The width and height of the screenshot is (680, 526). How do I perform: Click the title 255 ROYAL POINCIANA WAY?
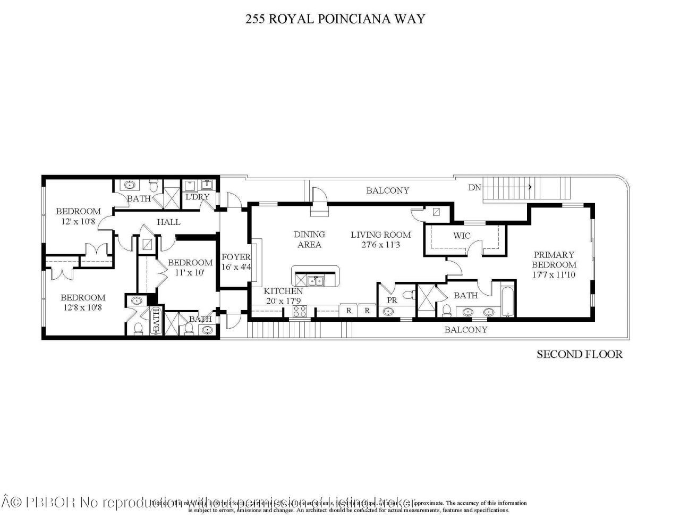tap(335, 19)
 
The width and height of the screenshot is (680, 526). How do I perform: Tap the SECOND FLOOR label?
tap(579, 354)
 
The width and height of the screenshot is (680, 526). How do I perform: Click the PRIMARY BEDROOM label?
tap(554, 260)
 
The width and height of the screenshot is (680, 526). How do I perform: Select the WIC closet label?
tap(462, 236)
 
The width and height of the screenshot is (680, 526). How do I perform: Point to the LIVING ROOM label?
tap(380, 235)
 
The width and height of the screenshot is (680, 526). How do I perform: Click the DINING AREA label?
tap(310, 239)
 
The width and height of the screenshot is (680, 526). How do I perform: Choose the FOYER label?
tap(236, 257)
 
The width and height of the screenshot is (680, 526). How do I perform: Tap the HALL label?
tap(168, 222)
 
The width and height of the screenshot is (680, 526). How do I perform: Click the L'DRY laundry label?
tap(198, 197)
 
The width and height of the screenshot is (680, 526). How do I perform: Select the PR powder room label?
tap(392, 300)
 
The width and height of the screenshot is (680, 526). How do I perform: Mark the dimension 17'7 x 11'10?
tap(554, 274)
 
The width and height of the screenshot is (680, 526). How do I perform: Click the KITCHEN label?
tap(283, 291)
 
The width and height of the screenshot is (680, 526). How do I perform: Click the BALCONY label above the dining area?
tap(388, 190)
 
